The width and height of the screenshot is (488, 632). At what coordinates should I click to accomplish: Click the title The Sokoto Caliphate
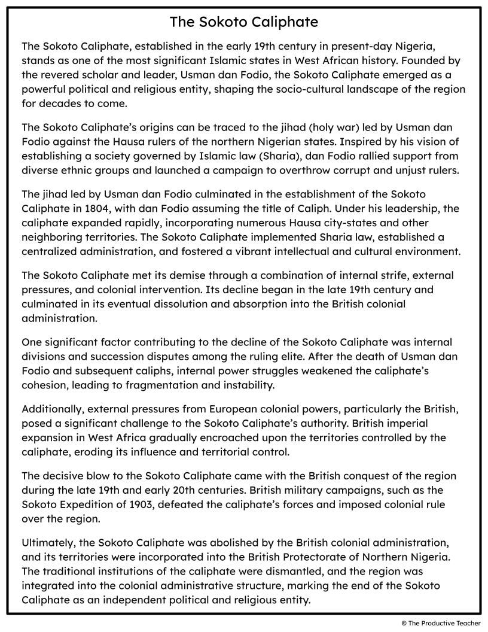pos(244,22)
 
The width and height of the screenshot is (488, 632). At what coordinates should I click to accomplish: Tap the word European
pos(235,409)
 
